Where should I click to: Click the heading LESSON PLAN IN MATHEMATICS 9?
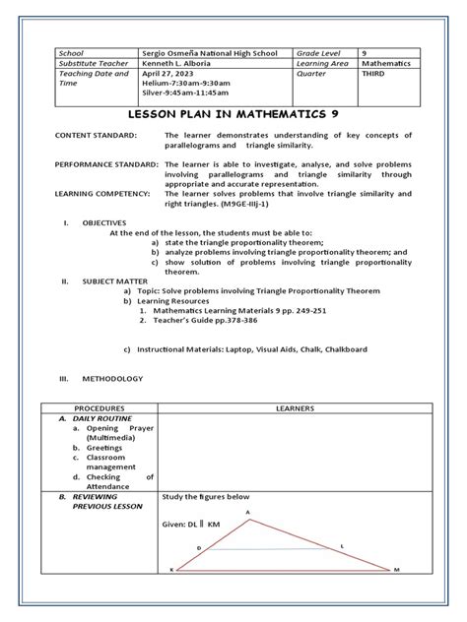[233, 114]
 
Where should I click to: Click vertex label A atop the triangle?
[248, 513]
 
